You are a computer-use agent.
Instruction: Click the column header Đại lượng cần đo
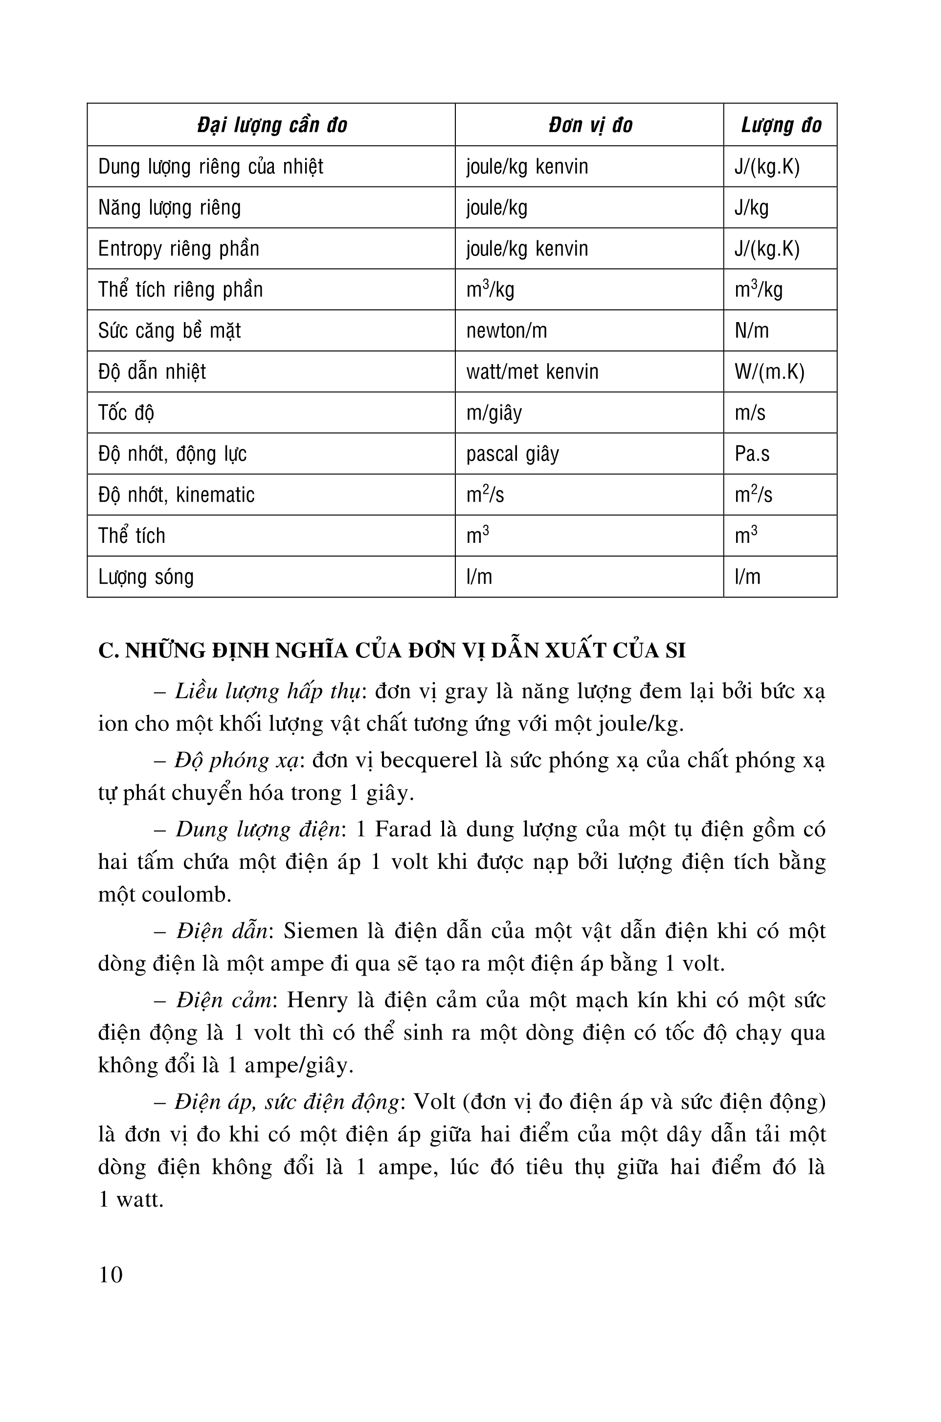(272, 125)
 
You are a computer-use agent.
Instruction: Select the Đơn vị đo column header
(590, 125)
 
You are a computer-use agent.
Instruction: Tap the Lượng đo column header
(781, 125)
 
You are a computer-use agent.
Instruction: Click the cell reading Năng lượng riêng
(169, 208)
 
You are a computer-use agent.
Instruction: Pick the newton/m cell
(507, 331)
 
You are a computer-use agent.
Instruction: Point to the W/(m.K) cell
(769, 372)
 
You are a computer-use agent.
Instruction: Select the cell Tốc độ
(126, 413)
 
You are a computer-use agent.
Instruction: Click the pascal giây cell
(513, 454)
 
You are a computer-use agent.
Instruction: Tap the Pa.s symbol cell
(752, 454)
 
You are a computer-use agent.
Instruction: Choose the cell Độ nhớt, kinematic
(177, 495)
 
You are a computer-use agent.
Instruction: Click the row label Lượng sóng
(146, 577)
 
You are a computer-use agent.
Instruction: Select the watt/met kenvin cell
(532, 372)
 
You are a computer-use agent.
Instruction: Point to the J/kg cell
(751, 208)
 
